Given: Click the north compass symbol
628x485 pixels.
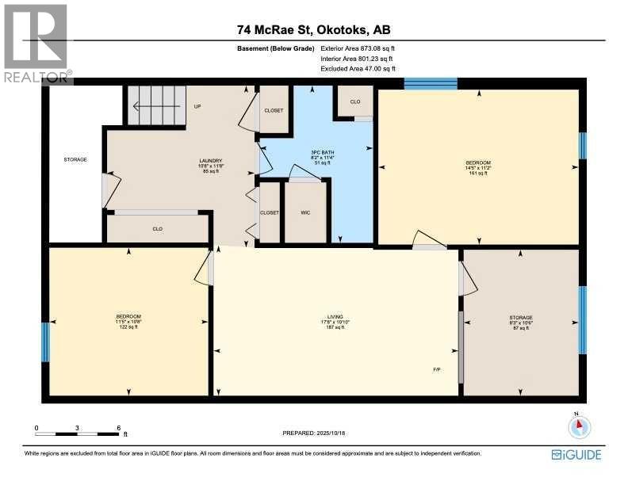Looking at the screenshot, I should tap(580, 426).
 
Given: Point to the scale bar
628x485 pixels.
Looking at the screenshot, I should tap(77, 433).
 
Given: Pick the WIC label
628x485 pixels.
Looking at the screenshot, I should tap(304, 212).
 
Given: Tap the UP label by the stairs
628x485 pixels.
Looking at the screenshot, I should tap(197, 105).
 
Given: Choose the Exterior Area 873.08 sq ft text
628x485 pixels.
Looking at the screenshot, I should tap(357, 49).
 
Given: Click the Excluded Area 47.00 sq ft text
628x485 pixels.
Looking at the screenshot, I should tap(356, 69).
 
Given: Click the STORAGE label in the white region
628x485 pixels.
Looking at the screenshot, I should tap(75, 159).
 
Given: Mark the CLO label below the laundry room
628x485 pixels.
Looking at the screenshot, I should tap(157, 228).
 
